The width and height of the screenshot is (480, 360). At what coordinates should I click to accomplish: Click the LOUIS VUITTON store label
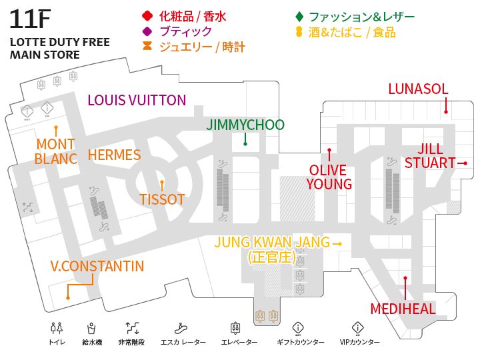coord(137,100)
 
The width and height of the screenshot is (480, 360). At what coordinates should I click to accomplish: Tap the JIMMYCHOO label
coord(245,125)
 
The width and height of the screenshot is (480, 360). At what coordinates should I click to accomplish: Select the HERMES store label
coord(115,155)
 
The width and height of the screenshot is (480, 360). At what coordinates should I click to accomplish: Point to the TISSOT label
coord(162,199)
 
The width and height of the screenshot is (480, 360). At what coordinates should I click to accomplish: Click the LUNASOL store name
coord(418,89)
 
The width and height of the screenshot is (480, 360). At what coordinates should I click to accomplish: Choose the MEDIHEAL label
coord(403,309)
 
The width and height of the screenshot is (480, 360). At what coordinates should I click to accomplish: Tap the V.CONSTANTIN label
coord(97,267)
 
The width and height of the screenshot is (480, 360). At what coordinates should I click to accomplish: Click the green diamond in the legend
coord(299,16)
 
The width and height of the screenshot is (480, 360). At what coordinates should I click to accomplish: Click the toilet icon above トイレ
coord(57,328)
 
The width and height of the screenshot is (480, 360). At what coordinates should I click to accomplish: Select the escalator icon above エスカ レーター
coord(179,328)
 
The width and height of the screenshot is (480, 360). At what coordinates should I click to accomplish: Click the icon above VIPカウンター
coord(358,328)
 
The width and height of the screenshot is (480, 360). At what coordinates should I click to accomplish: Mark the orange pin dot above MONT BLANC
coord(56,127)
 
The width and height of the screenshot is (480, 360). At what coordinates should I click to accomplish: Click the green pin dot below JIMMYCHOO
coord(245,143)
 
